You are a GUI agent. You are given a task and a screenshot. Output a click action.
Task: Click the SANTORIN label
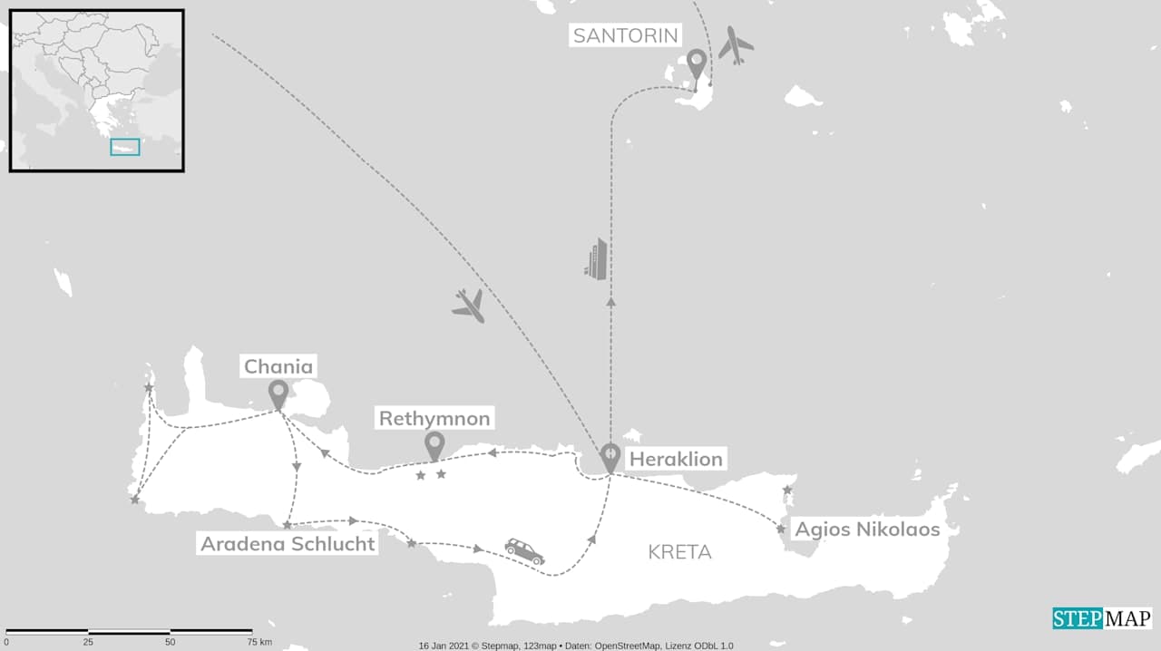coord(626,36)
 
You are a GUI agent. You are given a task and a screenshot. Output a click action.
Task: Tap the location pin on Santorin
coord(697,64)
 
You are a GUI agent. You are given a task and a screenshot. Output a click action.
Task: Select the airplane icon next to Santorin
coord(736,44)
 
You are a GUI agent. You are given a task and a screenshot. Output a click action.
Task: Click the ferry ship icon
coord(597,258)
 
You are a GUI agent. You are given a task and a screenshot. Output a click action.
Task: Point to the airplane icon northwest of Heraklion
coord(468,306)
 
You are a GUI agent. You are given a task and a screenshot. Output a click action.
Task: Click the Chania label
coord(278,367)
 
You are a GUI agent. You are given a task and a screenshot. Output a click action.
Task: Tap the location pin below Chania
coord(278,394)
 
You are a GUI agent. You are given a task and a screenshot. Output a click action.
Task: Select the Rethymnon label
coord(434,419)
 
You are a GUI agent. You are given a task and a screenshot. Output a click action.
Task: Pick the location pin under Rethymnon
coord(435,445)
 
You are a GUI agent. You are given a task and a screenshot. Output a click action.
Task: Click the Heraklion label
coord(676,459)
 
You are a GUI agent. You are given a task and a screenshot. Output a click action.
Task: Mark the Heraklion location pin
coord(610,457)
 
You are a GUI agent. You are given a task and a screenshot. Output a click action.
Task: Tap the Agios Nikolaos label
coord(867,530)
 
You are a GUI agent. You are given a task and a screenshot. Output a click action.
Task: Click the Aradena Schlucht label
coord(288,544)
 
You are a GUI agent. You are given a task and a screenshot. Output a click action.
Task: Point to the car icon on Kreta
coord(525,550)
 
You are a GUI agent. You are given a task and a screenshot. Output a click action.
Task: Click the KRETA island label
coord(680,552)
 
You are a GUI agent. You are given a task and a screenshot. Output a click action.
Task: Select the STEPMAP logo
coord(1102,618)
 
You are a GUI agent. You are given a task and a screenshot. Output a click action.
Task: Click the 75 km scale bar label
coord(259,642)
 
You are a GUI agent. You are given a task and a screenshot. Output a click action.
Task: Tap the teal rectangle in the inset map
coord(125,147)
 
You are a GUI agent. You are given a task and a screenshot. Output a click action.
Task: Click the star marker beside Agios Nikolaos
coord(780,529)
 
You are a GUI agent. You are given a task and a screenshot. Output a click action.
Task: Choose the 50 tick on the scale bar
coord(170,642)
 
